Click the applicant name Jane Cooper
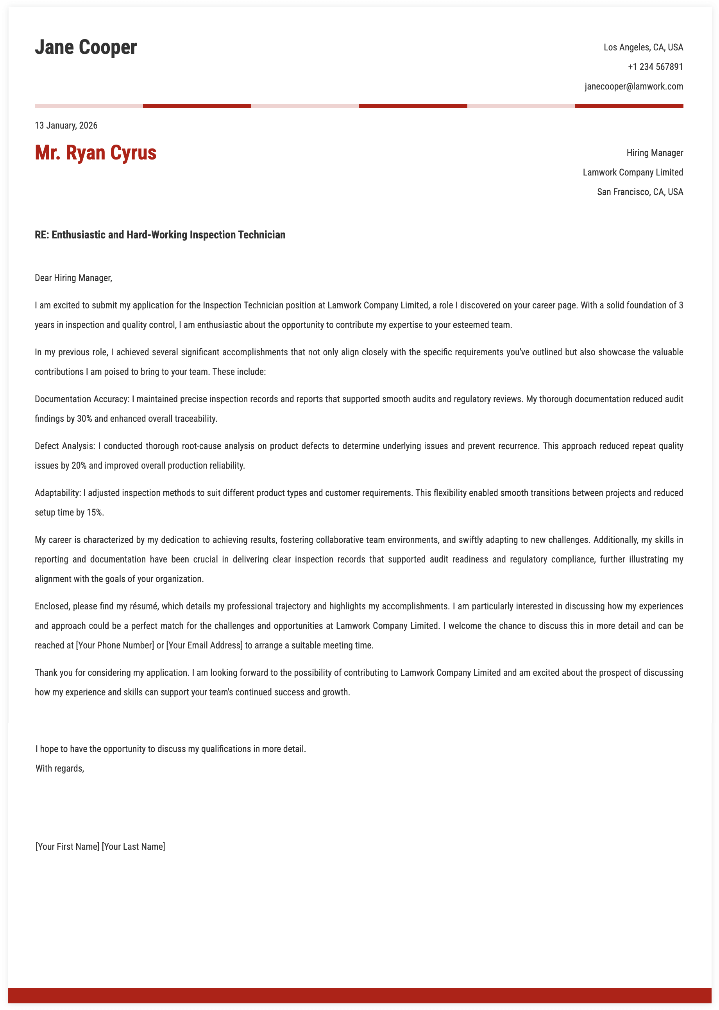pyautogui.click(x=86, y=47)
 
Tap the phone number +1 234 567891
pyautogui.click(x=655, y=67)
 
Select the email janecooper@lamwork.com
pyautogui.click(x=633, y=86)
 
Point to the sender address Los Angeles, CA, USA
pyautogui.click(x=643, y=47)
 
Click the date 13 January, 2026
pyautogui.click(x=66, y=126)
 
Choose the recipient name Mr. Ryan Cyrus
pyautogui.click(x=96, y=153)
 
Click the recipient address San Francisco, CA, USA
pyautogui.click(x=640, y=192)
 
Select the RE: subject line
pyautogui.click(x=160, y=235)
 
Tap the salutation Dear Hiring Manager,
pyautogui.click(x=73, y=278)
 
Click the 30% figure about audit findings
pyautogui.click(x=84, y=419)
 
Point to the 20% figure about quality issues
pyautogui.click(x=79, y=466)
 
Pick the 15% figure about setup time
pyautogui.click(x=95, y=513)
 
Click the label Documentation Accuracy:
pyautogui.click(x=82, y=399)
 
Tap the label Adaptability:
pyautogui.click(x=58, y=493)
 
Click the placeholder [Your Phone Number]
pyautogui.click(x=115, y=646)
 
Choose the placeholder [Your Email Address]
pyautogui.click(x=204, y=646)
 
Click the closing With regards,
pyautogui.click(x=60, y=769)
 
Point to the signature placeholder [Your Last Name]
pyautogui.click(x=133, y=847)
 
